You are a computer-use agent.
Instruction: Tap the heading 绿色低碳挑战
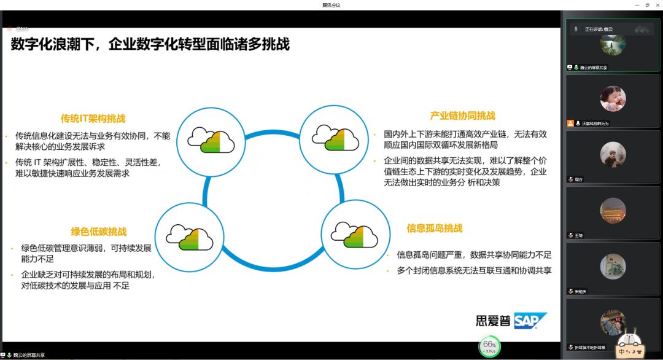(x=99, y=232)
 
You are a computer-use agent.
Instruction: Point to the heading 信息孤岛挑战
(x=434, y=228)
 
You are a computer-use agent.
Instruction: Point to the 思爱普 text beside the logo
(x=493, y=321)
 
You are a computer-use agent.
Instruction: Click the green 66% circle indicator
(x=489, y=346)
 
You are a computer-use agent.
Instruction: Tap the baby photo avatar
(x=613, y=98)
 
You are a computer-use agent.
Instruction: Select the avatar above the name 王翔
(x=613, y=210)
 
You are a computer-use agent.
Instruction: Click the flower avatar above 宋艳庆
(x=613, y=266)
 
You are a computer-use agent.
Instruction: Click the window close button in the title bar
(x=656, y=5)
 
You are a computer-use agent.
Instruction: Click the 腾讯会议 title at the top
(x=331, y=5)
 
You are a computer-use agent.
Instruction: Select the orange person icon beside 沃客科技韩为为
(x=570, y=123)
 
